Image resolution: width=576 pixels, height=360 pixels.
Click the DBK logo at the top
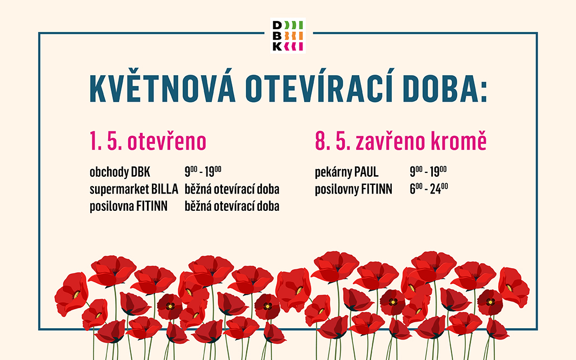(288, 36)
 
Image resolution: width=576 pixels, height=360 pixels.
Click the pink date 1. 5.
(105, 142)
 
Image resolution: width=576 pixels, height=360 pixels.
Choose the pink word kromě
(459, 142)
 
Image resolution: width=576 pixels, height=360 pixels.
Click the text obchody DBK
(119, 173)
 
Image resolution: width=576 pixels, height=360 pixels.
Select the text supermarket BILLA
(133, 190)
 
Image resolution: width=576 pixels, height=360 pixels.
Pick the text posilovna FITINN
(129, 206)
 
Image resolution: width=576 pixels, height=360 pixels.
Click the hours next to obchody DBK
(203, 172)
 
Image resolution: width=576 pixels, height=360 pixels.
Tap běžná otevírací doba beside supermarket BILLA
(232, 190)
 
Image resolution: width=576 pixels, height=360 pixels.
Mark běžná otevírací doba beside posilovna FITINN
(232, 206)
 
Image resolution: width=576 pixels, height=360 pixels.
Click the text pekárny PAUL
(346, 173)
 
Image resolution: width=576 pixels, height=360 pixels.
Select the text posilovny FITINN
(353, 190)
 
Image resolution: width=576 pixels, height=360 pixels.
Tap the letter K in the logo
(277, 46)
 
